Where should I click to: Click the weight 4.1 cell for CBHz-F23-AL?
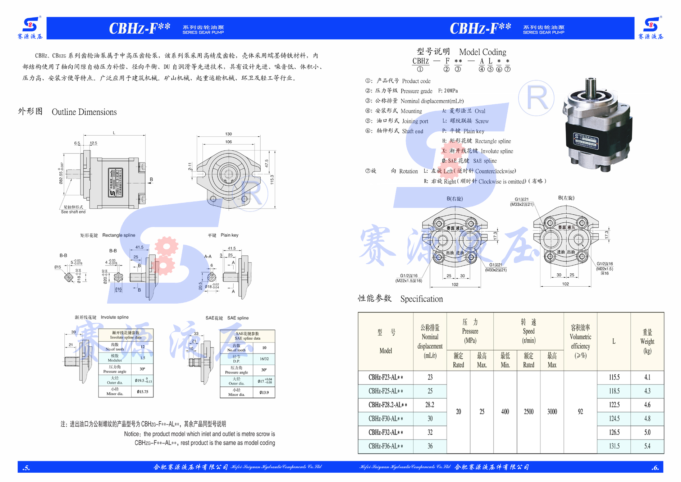[x=647, y=377]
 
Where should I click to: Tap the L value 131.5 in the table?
[x=614, y=446]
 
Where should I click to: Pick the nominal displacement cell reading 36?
[x=430, y=446]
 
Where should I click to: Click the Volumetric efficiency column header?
[x=580, y=341]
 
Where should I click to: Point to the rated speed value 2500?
[x=529, y=412]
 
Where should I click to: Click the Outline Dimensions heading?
[x=84, y=112]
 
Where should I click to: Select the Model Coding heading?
[x=483, y=52]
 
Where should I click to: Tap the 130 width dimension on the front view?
[x=228, y=134]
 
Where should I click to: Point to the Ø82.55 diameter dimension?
[x=61, y=173]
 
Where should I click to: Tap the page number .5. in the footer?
[x=26, y=468]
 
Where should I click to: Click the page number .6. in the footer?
[x=655, y=468]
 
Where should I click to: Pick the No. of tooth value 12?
[x=143, y=347]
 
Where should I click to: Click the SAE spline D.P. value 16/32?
[x=264, y=359]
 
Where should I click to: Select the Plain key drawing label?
[x=229, y=235]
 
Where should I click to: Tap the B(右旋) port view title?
[x=454, y=199]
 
